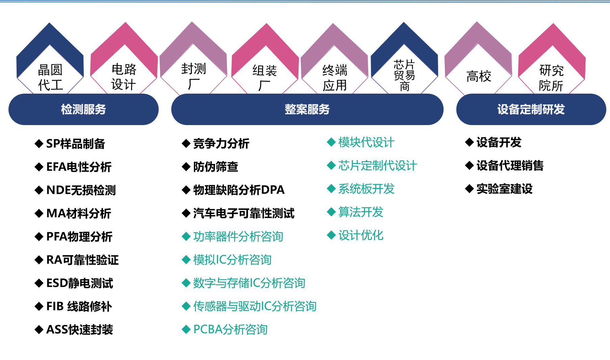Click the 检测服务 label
(83, 109)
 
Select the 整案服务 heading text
(307, 109)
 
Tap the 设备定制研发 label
(531, 109)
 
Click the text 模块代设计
(366, 142)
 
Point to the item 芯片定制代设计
(377, 166)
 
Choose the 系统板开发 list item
(366, 189)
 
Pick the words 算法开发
(361, 212)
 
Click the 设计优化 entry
(361, 235)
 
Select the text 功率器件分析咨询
(238, 237)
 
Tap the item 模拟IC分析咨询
(232, 260)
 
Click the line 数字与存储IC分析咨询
(249, 283)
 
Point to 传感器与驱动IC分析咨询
(255, 306)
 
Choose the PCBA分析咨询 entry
(230, 329)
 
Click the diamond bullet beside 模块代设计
(331, 142)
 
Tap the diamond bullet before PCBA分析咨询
(186, 329)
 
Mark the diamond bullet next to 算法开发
(331, 212)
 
